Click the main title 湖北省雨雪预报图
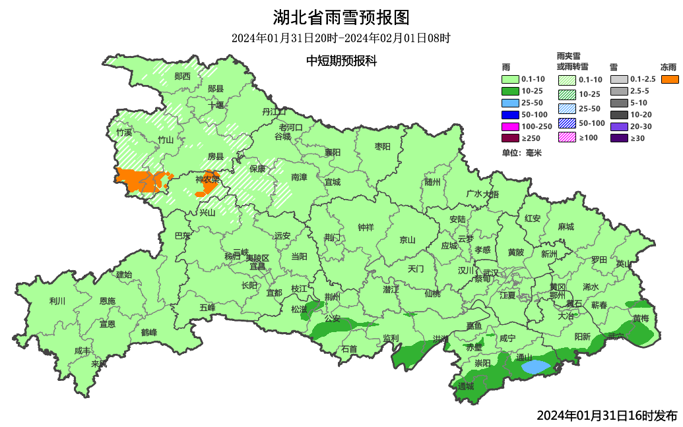pos(341,16)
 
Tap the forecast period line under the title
pos(341,38)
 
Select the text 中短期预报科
pos(341,61)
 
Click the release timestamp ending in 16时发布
pos(606,416)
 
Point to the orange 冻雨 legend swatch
pos(670,79)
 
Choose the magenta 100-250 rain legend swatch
pos(511,126)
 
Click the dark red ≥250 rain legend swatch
pos(511,138)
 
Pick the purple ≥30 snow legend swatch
pos(619,138)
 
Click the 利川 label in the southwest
pos(57,301)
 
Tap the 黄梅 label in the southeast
pos(641,318)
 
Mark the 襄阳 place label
pos(333,152)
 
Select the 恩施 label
pos(107,300)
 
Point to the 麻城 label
pos(566,226)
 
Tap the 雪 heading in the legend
pos(614,67)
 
